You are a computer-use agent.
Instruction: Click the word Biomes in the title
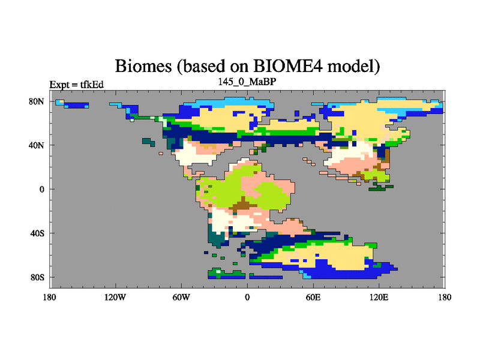[143, 65]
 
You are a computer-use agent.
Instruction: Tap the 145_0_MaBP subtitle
[247, 82]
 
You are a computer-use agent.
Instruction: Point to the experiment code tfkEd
[92, 85]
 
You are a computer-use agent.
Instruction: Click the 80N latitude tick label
[37, 101]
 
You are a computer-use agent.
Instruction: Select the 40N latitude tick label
[37, 145]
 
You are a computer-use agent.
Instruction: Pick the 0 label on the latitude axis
[41, 189]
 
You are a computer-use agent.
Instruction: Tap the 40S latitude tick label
[37, 233]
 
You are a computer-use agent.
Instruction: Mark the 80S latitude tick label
[37, 277]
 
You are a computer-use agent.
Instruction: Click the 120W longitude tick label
[115, 297]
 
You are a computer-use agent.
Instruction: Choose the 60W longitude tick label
[181, 297]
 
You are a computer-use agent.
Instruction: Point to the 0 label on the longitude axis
[247, 297]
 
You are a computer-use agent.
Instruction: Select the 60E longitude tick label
[313, 297]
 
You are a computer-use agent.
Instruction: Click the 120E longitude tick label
[379, 297]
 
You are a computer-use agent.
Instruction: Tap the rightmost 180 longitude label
[445, 297]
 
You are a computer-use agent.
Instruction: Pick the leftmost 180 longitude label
[50, 297]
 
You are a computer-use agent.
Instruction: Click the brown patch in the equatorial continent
[244, 205]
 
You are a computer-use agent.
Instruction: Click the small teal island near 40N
[148, 142]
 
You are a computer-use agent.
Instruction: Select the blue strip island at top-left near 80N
[74, 105]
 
